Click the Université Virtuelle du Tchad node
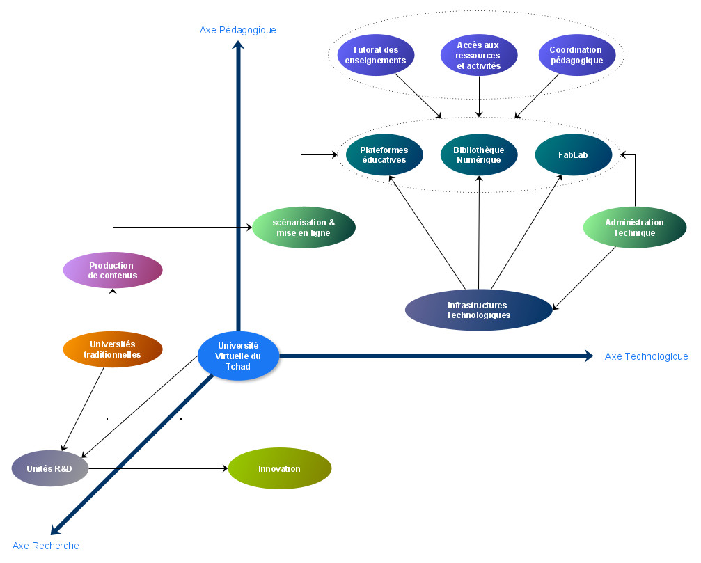[x=239, y=356]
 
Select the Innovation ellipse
[x=280, y=468]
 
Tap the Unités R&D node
[x=50, y=468]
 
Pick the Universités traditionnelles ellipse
[x=113, y=349]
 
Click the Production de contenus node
[x=113, y=270]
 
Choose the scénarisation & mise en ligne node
[x=304, y=228]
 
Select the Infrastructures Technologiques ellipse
[x=478, y=310]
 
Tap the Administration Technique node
[x=634, y=228]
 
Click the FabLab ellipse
[x=573, y=154]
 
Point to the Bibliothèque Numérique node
[x=479, y=154]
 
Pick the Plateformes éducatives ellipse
[x=384, y=154]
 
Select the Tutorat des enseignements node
[x=376, y=55]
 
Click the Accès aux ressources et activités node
[x=479, y=55]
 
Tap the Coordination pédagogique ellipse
[x=576, y=55]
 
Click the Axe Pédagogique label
[x=238, y=30]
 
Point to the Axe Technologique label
[x=646, y=356]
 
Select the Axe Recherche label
[x=46, y=546]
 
